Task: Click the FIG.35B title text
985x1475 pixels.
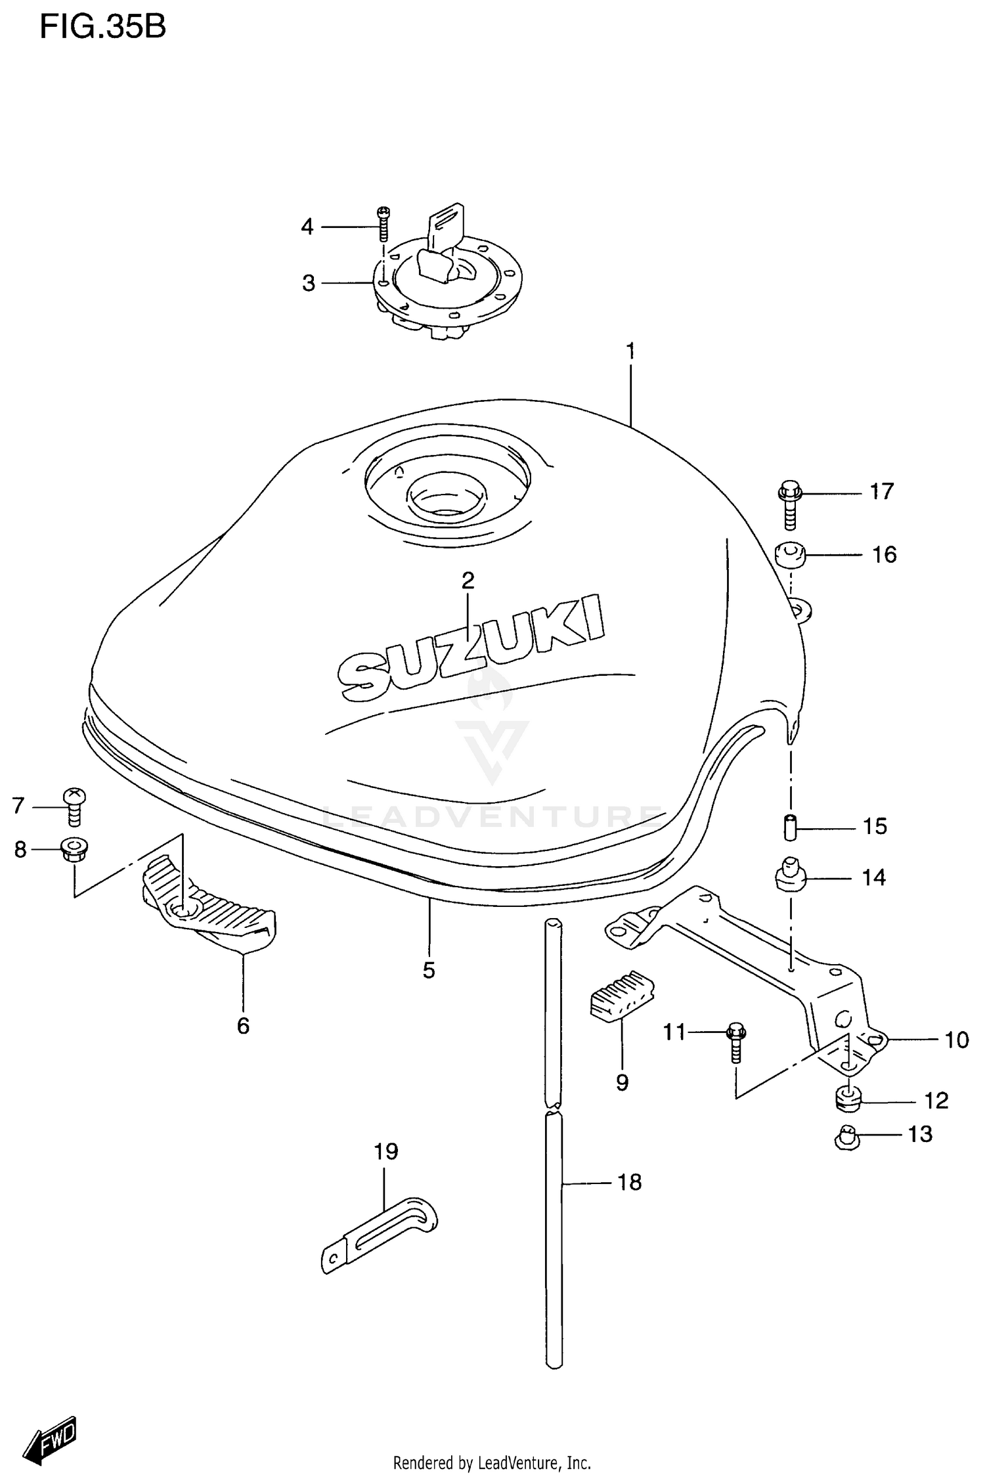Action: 102,28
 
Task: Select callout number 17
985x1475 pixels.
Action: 881,491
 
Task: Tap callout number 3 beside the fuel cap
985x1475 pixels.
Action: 309,283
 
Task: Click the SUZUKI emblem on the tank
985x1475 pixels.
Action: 471,646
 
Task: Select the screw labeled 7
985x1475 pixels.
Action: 75,806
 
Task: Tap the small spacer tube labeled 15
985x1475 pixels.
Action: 791,826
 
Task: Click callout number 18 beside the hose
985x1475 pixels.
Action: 629,1182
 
